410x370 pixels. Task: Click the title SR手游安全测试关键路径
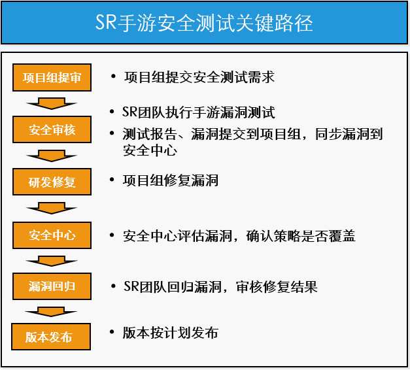tap(205, 24)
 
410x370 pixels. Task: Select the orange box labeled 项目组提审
tap(52, 78)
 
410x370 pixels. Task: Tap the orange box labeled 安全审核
tap(52, 129)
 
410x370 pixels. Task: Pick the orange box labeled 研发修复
tap(52, 182)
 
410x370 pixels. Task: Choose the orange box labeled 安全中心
tap(52, 235)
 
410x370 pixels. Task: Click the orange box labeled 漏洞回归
tap(52, 286)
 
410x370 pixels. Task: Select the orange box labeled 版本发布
tap(51, 337)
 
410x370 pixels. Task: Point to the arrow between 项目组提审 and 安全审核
tap(52, 103)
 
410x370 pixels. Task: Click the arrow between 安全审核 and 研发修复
tap(52, 155)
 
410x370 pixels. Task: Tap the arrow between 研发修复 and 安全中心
tap(52, 208)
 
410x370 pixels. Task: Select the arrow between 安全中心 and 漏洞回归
tap(52, 260)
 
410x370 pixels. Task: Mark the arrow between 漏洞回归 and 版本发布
tap(52, 311)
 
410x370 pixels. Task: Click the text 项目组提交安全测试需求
tap(198, 77)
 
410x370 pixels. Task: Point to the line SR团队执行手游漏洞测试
tap(199, 112)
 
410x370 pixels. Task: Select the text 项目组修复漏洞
tap(170, 180)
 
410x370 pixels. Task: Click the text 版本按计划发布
tap(170, 333)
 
